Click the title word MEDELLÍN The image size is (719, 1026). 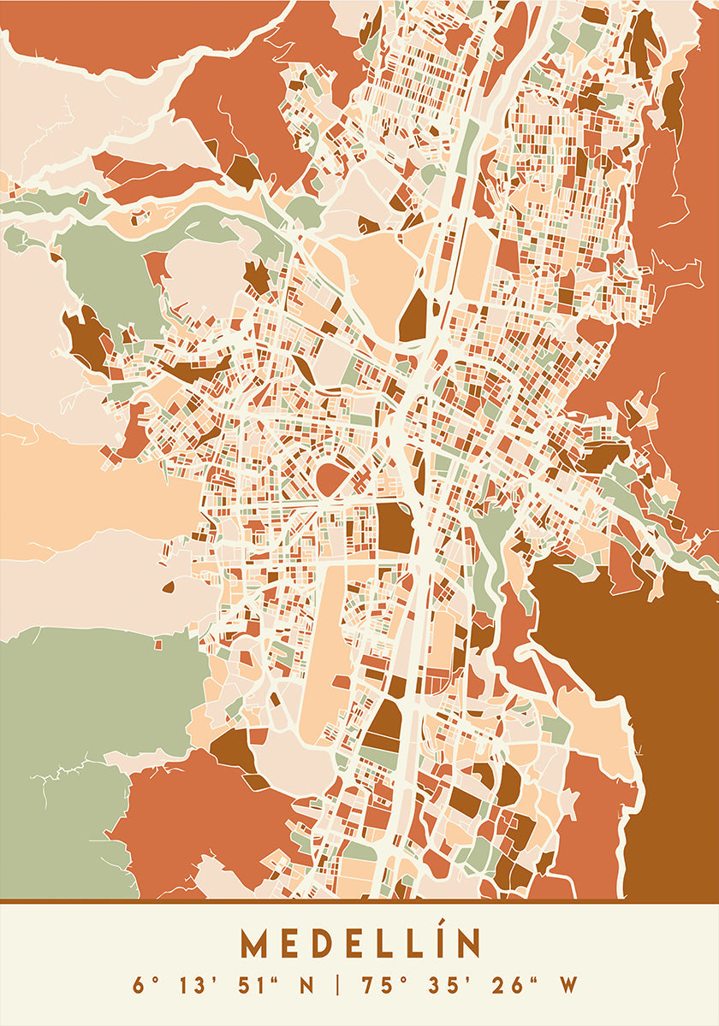pos(359,944)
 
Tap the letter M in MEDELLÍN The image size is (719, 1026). pos(254,944)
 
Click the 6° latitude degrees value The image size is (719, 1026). pos(142,985)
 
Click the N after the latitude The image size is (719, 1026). pos(306,985)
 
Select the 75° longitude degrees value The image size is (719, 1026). pos(378,985)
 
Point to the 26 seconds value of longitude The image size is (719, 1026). pos(505,985)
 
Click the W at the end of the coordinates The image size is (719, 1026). pos(569,985)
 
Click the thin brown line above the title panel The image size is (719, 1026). pos(359,900)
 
